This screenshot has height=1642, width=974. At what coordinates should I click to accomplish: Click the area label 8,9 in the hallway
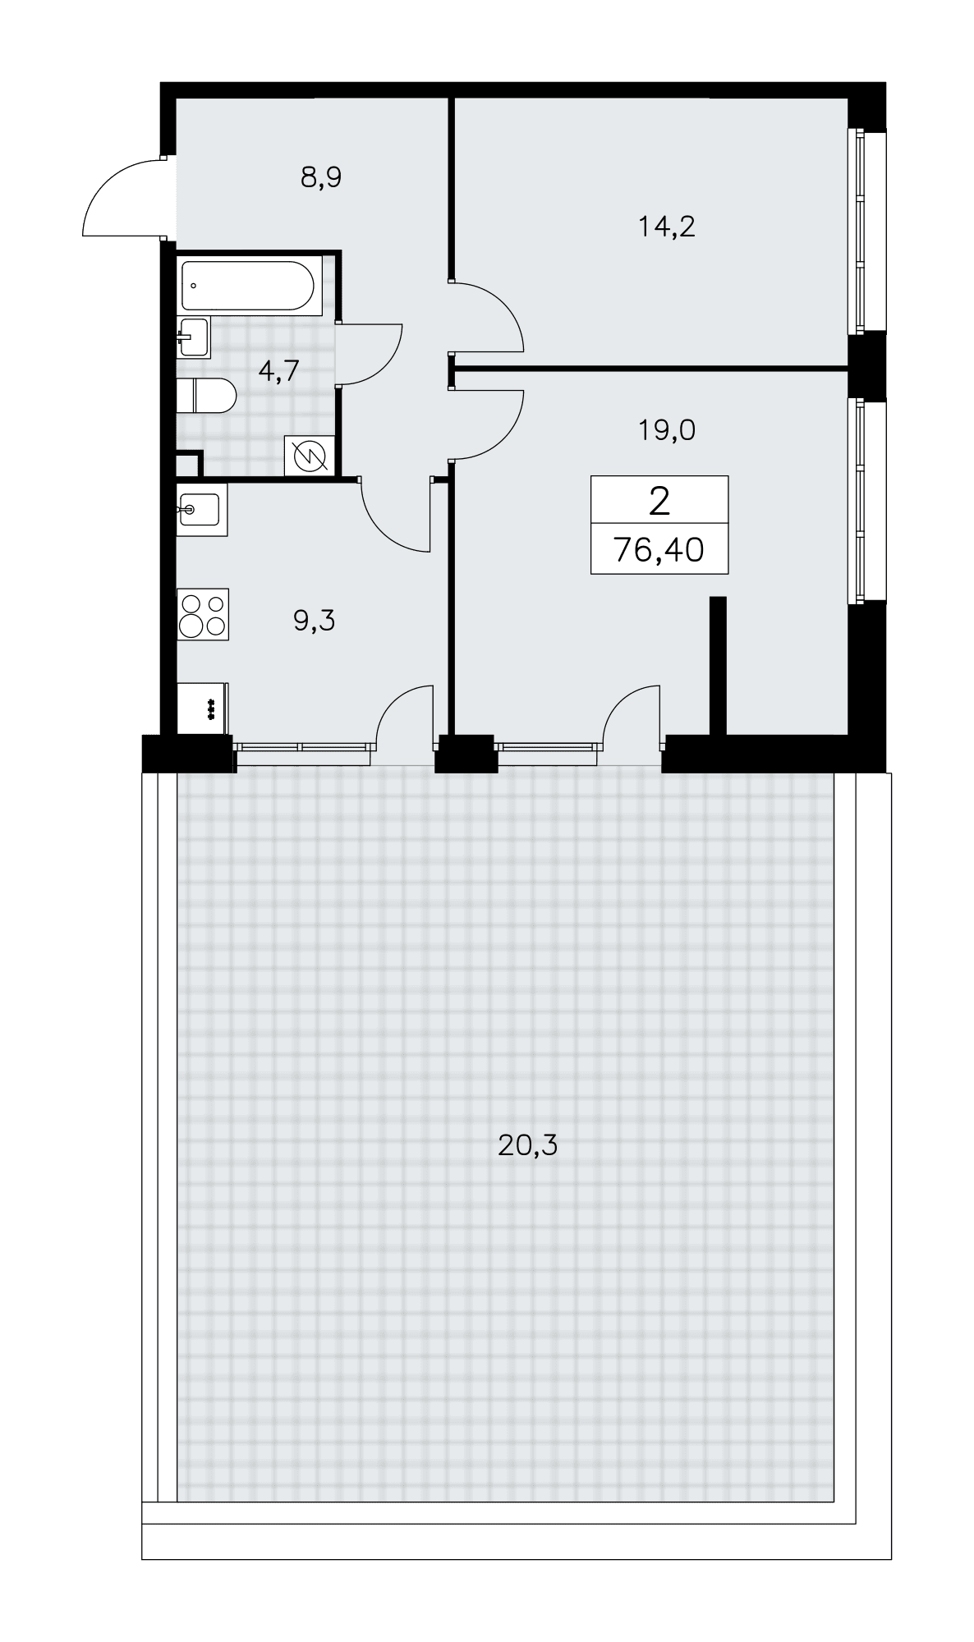pos(320,177)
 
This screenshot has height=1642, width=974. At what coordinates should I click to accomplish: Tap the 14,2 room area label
pos(667,226)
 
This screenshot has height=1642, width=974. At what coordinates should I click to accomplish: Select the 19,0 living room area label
pos(667,429)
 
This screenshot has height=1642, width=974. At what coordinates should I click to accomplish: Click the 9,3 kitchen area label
pos(314,621)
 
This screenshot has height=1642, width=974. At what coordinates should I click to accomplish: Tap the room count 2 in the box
pos(659,500)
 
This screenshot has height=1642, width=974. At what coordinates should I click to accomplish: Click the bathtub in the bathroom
pos(247,286)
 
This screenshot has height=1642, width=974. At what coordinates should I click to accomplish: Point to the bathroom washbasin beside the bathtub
pos(194,337)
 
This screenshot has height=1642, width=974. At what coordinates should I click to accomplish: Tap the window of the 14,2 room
pos(859,231)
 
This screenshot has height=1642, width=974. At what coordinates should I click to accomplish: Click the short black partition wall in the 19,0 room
pos(718,666)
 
